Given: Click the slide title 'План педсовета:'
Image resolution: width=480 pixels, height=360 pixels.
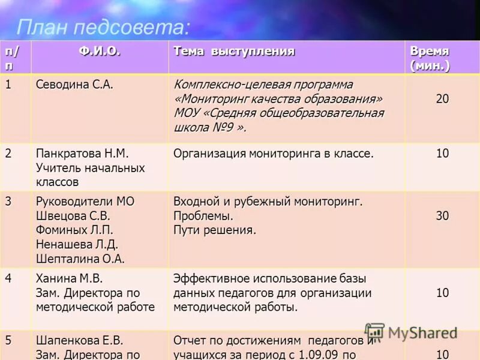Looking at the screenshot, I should click(x=103, y=27).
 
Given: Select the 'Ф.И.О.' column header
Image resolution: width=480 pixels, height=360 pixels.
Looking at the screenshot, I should click(x=100, y=52).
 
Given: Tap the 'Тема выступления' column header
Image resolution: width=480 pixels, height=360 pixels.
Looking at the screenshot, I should click(x=234, y=52).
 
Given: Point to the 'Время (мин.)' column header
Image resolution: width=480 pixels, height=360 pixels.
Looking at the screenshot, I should click(x=430, y=58).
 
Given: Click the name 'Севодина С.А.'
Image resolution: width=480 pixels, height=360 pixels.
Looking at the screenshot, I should click(x=74, y=85).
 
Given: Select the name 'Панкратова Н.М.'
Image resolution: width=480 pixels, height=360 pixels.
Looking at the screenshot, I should click(x=82, y=154).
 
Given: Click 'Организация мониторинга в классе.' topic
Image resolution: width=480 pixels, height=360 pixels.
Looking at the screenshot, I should click(x=273, y=154).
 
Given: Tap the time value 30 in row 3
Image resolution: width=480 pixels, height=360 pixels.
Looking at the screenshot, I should click(x=442, y=216).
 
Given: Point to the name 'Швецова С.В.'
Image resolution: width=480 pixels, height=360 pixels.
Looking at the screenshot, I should click(x=73, y=216).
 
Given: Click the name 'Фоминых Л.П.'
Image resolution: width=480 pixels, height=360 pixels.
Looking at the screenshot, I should click(x=74, y=230).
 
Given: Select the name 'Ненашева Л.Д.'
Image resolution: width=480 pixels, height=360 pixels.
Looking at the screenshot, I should click(x=77, y=245).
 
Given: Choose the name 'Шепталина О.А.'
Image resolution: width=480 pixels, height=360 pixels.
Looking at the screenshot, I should click(x=80, y=259).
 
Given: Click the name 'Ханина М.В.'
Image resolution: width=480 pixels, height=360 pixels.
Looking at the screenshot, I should click(x=70, y=278).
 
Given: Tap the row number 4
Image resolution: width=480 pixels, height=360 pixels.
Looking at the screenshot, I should click(x=8, y=278).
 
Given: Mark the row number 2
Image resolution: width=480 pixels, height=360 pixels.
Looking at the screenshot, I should click(x=8, y=153).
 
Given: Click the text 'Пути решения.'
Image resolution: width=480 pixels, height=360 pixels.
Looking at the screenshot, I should click(x=214, y=230).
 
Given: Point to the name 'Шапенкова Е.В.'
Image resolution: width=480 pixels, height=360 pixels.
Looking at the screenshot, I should click(x=79, y=340).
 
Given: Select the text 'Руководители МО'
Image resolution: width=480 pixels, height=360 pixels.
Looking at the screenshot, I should click(x=85, y=202).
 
